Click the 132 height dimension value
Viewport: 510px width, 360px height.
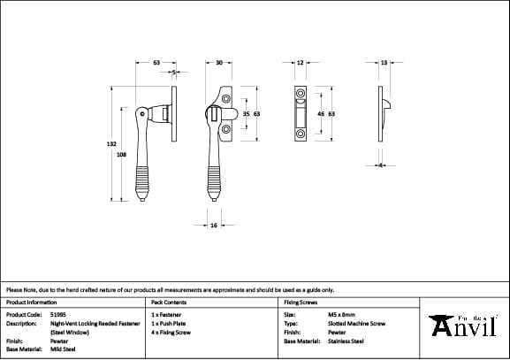tap(111, 142)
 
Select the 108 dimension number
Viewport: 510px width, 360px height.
tap(121, 154)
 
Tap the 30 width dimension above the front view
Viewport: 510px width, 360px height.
tap(218, 63)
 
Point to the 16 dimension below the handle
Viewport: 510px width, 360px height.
tap(214, 226)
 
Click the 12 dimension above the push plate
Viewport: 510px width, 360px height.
tap(300, 63)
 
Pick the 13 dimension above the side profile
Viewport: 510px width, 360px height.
tap(384, 63)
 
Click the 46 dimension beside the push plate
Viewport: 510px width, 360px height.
tap(320, 114)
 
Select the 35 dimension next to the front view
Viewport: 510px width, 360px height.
tap(247, 114)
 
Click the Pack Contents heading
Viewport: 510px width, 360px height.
tap(169, 302)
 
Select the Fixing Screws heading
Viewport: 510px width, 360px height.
tap(300, 302)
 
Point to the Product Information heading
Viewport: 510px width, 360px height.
tap(31, 302)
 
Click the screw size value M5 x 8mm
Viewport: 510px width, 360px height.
tap(341, 314)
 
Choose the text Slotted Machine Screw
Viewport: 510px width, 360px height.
tap(356, 323)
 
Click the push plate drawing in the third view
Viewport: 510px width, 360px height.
tap(300, 114)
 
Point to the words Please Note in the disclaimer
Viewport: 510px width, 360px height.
tap(19, 289)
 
